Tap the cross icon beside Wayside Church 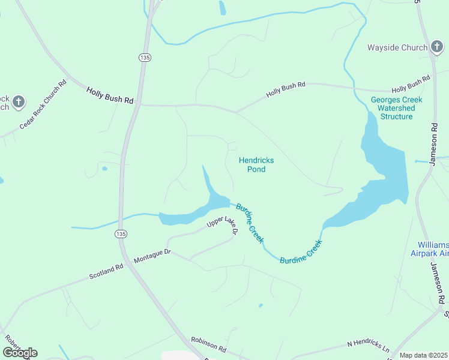438,47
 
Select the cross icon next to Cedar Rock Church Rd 19,102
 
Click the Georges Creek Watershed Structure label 396,108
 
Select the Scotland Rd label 106,271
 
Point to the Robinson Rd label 208,344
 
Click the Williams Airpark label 433,250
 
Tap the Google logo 20,353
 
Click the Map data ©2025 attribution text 423,355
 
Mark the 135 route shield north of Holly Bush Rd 144,57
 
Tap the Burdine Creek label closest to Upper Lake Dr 250,223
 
